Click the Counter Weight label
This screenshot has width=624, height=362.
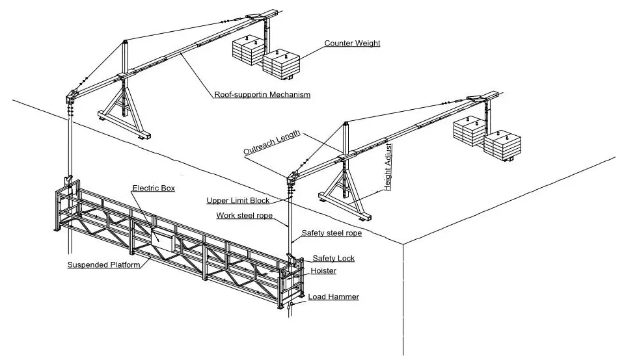(352, 44)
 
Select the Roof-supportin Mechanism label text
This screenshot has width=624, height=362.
(262, 94)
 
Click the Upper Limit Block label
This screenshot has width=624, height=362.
(237, 201)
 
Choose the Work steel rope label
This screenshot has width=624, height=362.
(244, 215)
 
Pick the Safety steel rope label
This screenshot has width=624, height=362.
(331, 233)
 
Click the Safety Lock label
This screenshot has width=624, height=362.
(333, 258)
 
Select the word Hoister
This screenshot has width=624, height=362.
(323, 270)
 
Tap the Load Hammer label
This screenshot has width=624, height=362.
(333, 296)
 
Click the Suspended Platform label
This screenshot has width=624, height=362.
(103, 265)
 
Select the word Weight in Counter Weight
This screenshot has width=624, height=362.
(367, 44)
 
